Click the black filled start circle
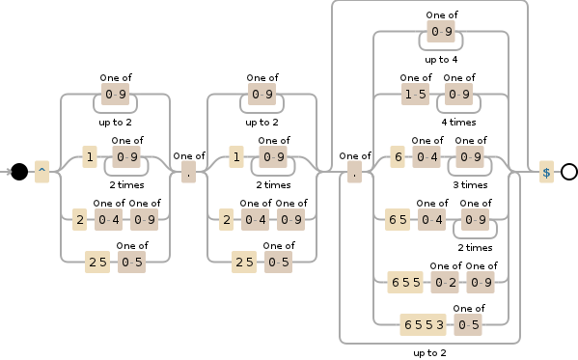(19, 172)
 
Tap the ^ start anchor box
(41, 172)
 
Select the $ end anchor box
(546, 172)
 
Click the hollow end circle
(568, 172)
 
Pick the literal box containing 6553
(427, 324)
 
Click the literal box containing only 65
(397, 220)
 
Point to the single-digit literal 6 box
(397, 157)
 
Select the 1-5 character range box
(416, 94)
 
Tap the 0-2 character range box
(445, 282)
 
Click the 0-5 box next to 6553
(469, 324)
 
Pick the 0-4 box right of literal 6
(427, 157)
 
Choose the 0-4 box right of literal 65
(431, 220)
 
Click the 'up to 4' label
(441, 60)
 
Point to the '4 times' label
(458, 123)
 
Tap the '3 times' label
(470, 184)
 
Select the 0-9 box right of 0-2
(481, 282)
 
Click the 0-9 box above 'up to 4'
(441, 32)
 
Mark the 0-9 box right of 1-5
(458, 94)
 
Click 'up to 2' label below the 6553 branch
(429, 352)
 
